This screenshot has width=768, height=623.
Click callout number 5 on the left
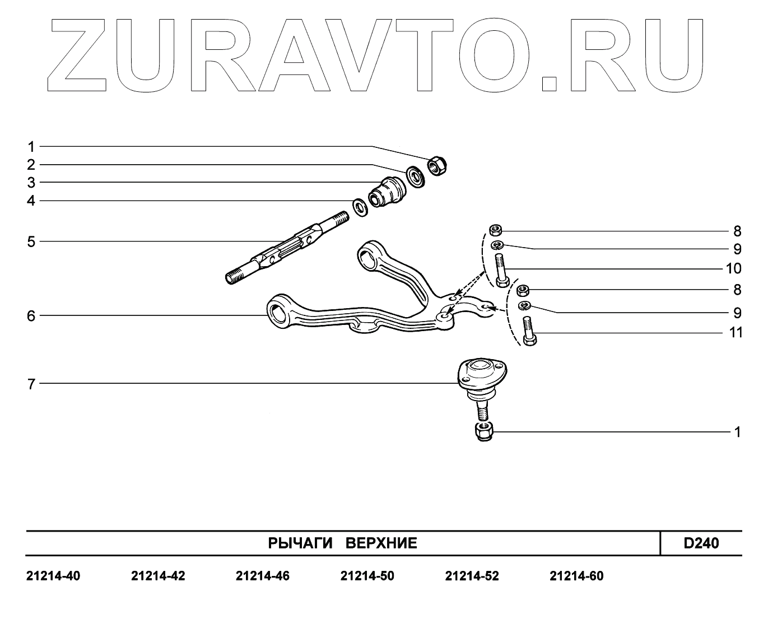pyautogui.click(x=31, y=242)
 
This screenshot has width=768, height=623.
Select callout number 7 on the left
pyautogui.click(x=31, y=384)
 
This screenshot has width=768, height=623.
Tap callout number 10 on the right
pyautogui.click(x=733, y=268)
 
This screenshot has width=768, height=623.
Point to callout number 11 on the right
pyautogui.click(x=736, y=333)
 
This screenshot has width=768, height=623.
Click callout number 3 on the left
pyautogui.click(x=31, y=183)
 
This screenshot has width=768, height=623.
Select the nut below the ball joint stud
pyautogui.click(x=482, y=432)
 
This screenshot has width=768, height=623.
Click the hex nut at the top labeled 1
pyautogui.click(x=437, y=165)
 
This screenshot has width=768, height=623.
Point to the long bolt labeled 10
pyautogui.click(x=501, y=270)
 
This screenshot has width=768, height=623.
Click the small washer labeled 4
pyautogui.click(x=360, y=207)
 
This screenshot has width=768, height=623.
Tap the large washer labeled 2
pyautogui.click(x=415, y=176)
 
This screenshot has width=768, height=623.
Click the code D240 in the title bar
pyautogui.click(x=701, y=543)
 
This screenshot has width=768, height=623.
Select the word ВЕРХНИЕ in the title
pyautogui.click(x=381, y=543)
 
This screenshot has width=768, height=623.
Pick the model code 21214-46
pyautogui.click(x=263, y=576)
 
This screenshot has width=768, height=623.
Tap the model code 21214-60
pyautogui.click(x=577, y=576)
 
